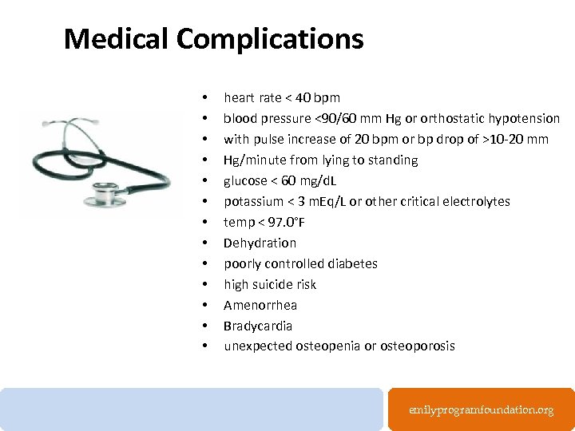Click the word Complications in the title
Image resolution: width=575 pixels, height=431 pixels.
point(270,38)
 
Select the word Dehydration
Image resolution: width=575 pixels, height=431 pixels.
point(260,243)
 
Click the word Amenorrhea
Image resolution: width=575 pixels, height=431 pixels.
point(260,305)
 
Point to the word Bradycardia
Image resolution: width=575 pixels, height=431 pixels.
point(258,326)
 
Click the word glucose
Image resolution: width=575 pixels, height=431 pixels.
point(245,180)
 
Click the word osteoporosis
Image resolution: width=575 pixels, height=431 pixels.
point(418,346)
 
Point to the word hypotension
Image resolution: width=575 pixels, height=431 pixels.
point(522,118)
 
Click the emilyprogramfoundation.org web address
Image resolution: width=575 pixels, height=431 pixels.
point(481,409)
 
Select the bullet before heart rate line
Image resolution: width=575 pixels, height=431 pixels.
point(207,98)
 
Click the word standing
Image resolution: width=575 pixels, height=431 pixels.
point(391,160)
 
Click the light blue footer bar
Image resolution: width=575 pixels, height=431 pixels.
point(192,409)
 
